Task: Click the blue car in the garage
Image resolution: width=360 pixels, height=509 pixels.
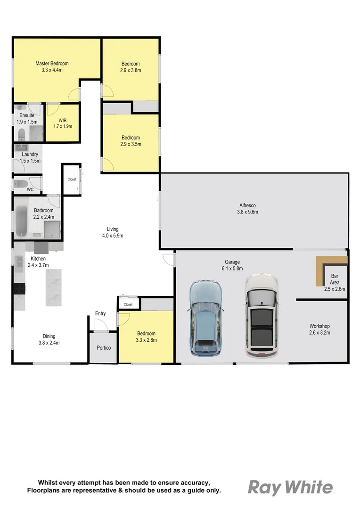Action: [x=205, y=318]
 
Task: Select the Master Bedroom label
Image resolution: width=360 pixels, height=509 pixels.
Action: [x=52, y=64]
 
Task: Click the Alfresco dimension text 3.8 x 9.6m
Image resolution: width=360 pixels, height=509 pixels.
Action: [x=247, y=212]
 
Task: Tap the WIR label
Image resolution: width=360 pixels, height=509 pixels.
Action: [x=63, y=120]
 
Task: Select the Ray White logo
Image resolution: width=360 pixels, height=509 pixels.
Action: [x=290, y=487]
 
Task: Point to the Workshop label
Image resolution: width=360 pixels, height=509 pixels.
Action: [x=319, y=326]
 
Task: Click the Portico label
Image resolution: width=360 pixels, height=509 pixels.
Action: [x=104, y=348]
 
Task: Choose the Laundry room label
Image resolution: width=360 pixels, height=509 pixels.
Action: [x=30, y=155]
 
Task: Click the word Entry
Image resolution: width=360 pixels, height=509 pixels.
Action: [x=100, y=313]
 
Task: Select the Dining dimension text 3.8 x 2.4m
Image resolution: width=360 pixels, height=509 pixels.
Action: [x=49, y=343]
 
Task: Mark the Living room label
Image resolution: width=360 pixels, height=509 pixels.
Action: [x=112, y=229]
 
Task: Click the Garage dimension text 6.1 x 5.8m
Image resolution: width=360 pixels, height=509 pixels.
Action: [x=232, y=268]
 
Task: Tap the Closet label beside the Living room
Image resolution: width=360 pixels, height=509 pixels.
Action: [x=72, y=180]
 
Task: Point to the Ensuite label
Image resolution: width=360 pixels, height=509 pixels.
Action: [x=27, y=115]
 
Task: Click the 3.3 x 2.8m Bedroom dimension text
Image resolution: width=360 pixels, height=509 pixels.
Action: [x=146, y=340]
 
